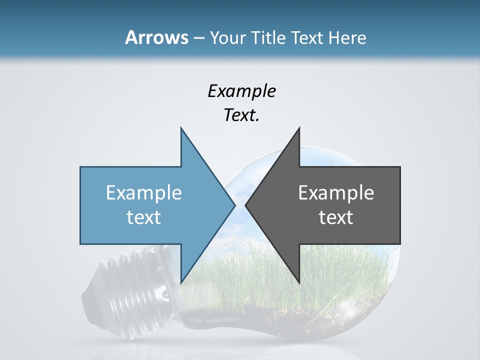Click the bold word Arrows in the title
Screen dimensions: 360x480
pos(156,37)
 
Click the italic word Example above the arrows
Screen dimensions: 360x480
pos(241,91)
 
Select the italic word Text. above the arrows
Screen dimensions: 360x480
pos(241,115)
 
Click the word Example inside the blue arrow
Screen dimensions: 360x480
pos(144,192)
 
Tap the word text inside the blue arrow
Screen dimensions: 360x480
pos(144,217)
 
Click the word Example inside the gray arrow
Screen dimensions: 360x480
pos(336,192)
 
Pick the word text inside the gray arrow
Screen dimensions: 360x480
pos(336,217)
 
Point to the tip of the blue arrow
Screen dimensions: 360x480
pos(234,205)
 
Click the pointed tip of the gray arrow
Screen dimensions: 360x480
pos(245,205)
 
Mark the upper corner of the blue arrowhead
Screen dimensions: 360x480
pos(181,128)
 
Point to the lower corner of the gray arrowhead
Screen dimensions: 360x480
pos(299,282)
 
